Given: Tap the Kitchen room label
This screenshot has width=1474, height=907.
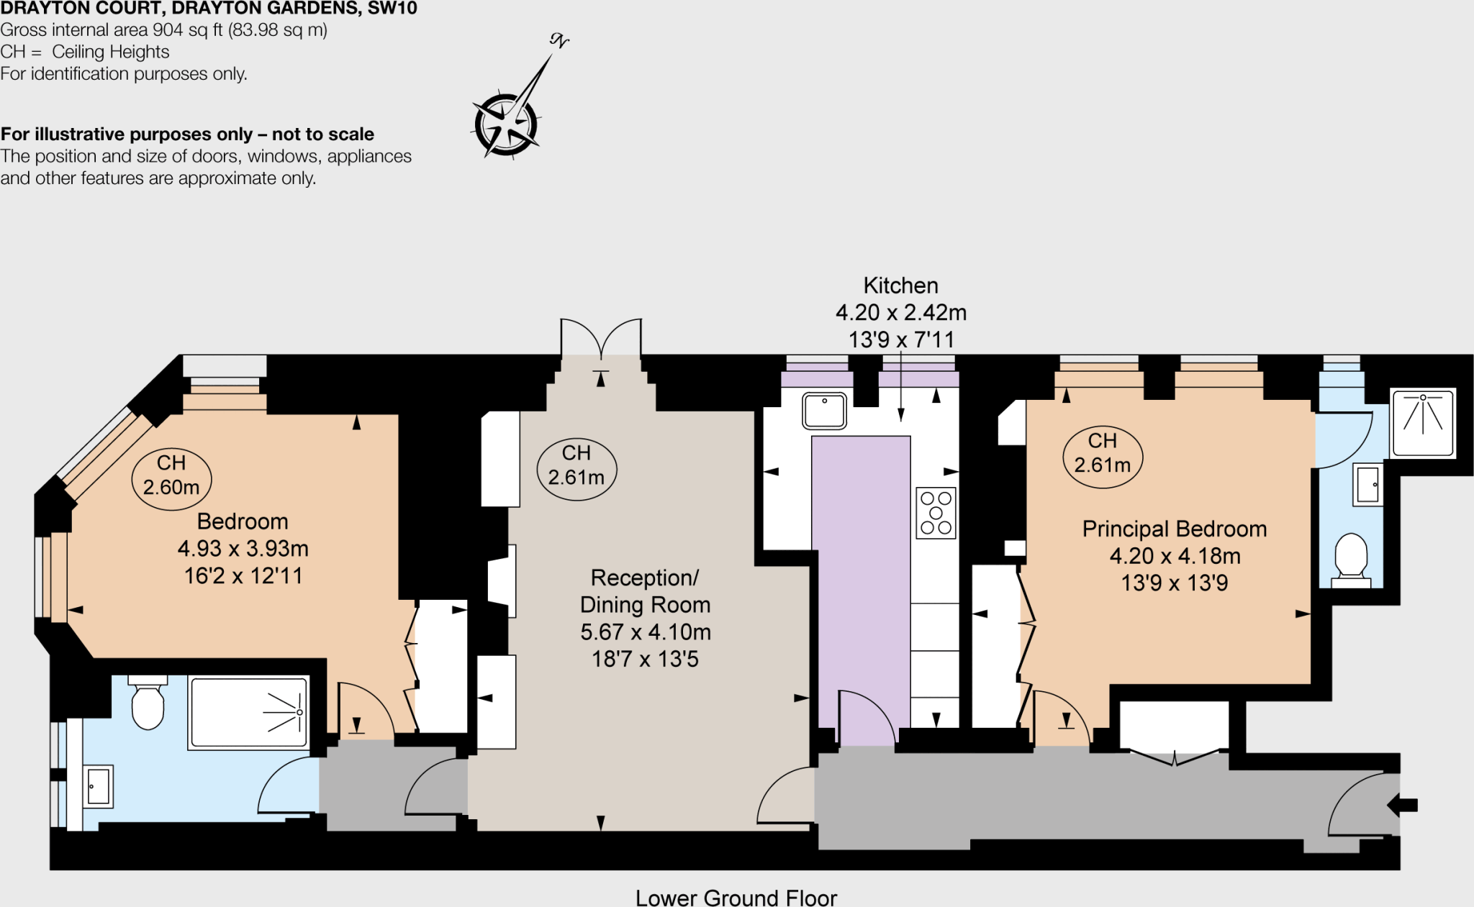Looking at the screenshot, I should tap(900, 286).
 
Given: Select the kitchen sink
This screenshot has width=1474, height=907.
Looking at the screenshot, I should tap(824, 411).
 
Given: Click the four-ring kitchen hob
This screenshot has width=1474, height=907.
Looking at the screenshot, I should tap(936, 513).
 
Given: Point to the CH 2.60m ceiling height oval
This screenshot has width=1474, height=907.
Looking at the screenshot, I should tap(171, 475).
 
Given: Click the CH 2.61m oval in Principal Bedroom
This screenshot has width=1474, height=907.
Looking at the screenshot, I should tap(1102, 453).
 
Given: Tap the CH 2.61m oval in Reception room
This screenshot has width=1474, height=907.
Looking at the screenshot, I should tap(576, 465).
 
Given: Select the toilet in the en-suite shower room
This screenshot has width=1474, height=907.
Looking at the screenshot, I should tap(1351, 557).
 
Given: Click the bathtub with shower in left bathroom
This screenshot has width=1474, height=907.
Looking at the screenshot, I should tap(249, 712).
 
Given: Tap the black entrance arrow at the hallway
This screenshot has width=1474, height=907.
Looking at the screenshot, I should tap(1402, 805).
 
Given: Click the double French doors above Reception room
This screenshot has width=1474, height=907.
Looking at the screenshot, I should tap(601, 337).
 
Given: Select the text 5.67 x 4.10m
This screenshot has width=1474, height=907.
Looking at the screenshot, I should tap(646, 632).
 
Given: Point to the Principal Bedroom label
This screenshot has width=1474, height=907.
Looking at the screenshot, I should tap(1174, 529).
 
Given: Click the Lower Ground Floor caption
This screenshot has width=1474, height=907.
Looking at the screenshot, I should tap(736, 898).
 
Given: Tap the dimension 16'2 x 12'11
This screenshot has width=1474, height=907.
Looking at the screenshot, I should tap(243, 575).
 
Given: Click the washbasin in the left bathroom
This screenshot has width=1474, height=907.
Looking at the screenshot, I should tap(99, 786).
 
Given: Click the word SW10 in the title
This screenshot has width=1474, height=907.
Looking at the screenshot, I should tap(392, 9).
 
